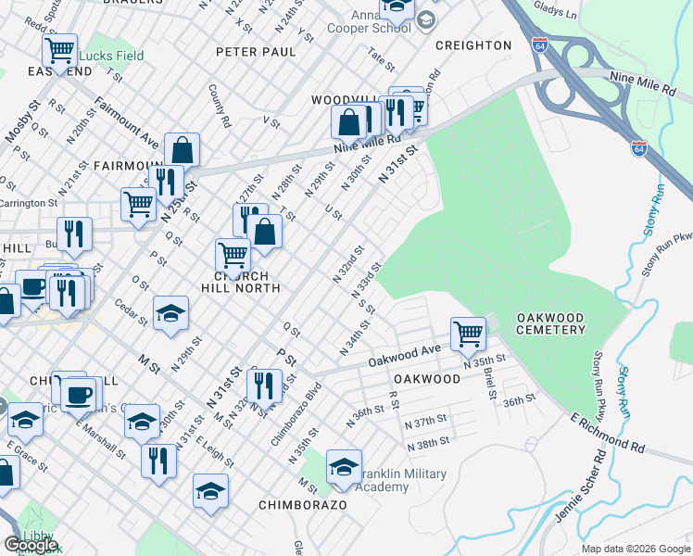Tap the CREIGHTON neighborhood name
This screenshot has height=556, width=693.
point(473,45)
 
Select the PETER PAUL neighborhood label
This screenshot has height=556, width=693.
point(256,52)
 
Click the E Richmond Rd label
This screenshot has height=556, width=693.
point(608,434)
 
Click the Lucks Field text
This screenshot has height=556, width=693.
point(111,56)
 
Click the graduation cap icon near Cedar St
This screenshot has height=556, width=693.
point(170,315)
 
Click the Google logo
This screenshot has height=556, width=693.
point(31,544)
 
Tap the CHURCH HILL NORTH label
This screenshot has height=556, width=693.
point(228,282)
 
